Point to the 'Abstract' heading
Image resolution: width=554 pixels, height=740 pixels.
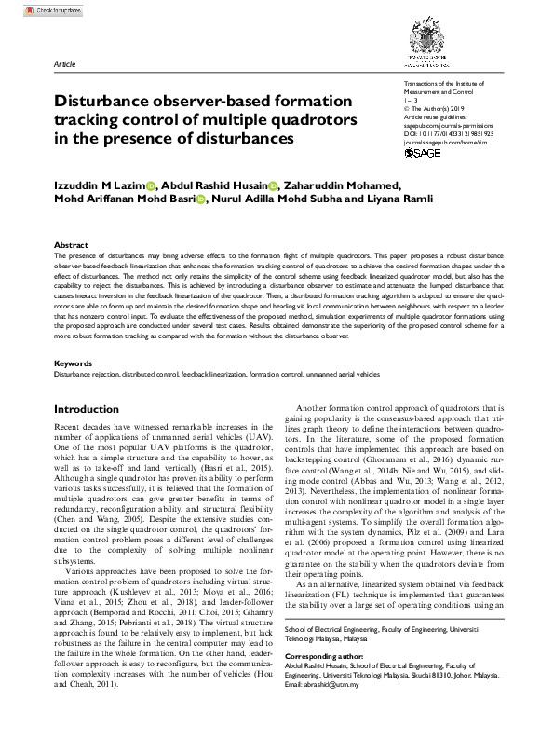[x=71, y=244]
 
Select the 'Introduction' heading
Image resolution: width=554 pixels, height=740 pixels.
[x=87, y=409]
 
